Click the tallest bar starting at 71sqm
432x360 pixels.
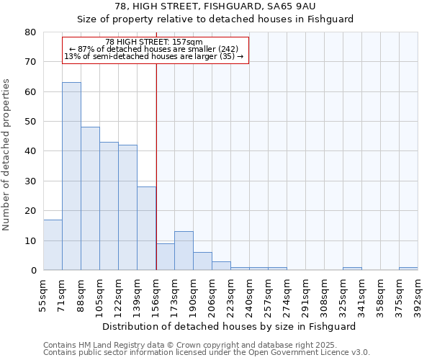coord(71,176)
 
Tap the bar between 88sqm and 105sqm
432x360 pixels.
coord(90,199)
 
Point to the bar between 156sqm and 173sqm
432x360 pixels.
coord(165,257)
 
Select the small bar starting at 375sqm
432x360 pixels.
coord(408,269)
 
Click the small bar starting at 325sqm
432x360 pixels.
coord(352,269)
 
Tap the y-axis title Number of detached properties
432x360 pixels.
coord(6,151)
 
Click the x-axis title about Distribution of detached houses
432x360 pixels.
coord(229,326)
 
